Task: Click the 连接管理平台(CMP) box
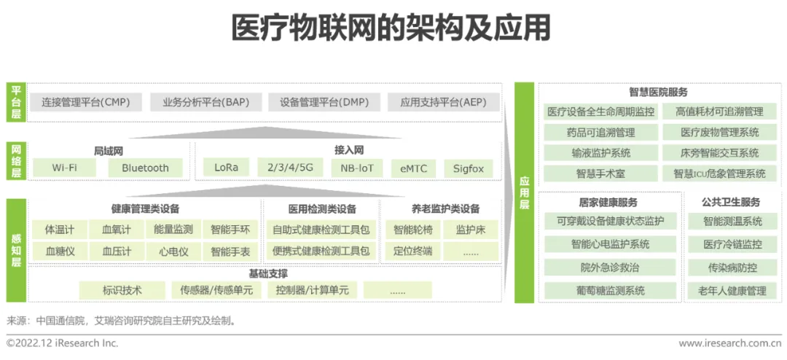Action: coord(85,102)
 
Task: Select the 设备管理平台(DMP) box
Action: coord(324,102)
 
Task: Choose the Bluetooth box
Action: coord(145,168)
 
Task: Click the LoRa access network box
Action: coord(226,168)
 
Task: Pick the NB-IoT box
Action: coord(357,168)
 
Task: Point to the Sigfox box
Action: coord(469,168)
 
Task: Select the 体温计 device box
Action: coord(60,230)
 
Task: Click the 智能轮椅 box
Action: coord(413,230)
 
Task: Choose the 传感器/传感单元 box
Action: coord(216,290)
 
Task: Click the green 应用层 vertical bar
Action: coord(524,193)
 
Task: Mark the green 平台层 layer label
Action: coord(16,102)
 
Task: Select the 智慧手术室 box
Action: coord(601,173)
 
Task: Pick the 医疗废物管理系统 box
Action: coord(720,133)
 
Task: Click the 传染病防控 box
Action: coord(733,267)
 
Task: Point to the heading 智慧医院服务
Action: coord(658,93)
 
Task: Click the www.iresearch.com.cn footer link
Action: coord(729,343)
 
